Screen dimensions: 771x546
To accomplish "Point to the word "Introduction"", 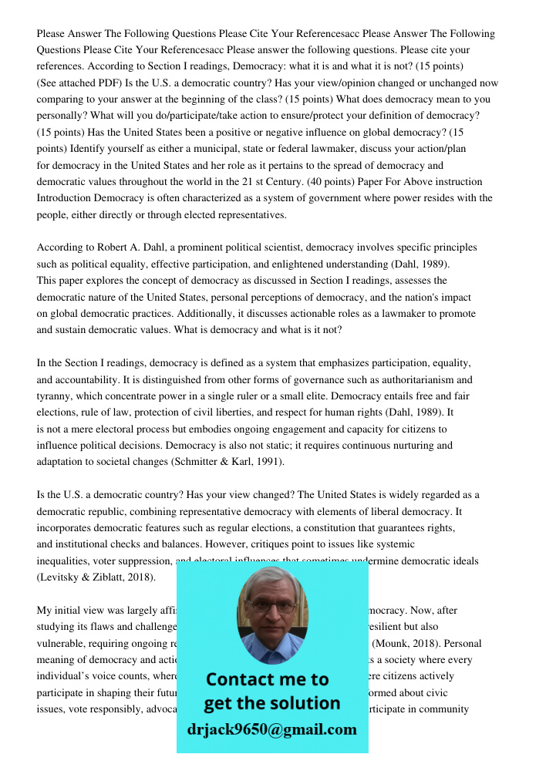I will point(63,198).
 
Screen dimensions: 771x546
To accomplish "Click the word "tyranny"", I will point(55,396).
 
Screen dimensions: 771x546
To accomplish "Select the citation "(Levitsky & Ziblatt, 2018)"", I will point(96,577).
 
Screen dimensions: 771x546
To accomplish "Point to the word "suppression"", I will point(145,561).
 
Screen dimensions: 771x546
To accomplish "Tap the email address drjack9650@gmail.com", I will point(272,729).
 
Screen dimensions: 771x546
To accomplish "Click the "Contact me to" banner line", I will point(268,679).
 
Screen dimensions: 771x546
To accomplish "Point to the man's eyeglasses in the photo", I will point(272,606).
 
